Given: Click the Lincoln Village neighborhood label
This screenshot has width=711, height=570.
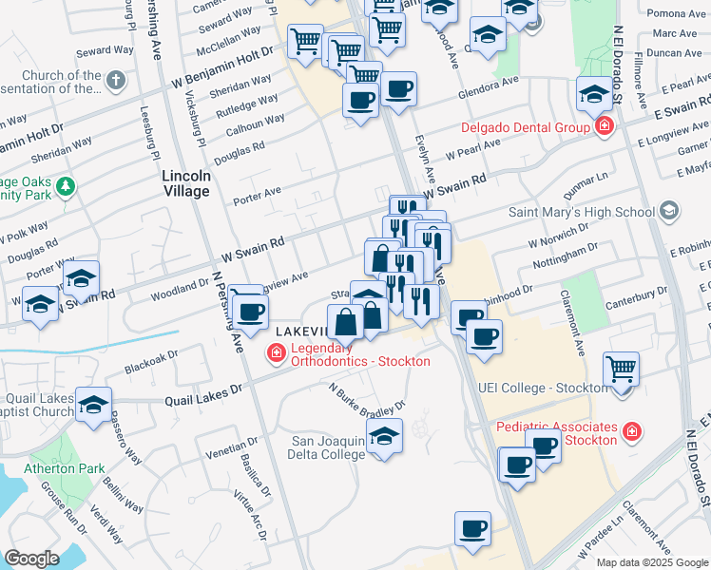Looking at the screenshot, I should click(185, 183).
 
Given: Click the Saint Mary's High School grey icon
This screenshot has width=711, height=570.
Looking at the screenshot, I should click(669, 210).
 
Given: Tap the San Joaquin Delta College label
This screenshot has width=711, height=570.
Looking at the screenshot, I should click(327, 446).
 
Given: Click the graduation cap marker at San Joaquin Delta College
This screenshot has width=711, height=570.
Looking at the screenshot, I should click(383, 435).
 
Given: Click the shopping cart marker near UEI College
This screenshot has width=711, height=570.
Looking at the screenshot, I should click(621, 366).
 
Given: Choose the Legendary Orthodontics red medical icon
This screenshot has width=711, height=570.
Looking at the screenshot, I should click(276, 353).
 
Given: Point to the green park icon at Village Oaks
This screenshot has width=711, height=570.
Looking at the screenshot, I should click(66, 185).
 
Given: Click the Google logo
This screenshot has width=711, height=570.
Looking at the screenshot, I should click(31, 559).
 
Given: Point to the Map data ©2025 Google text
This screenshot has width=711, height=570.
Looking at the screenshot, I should click(651, 562).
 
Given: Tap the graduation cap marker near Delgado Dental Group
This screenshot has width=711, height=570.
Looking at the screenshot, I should click(594, 94).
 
